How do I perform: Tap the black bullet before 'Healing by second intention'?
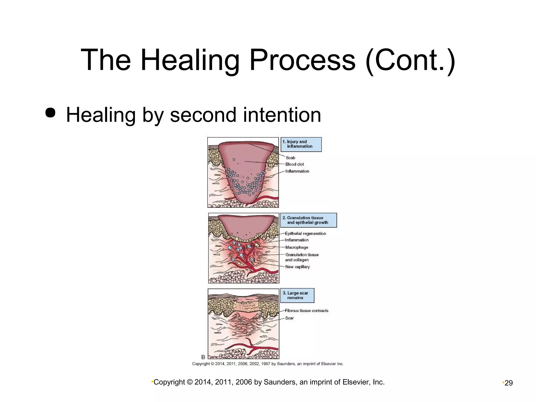tap(50, 113)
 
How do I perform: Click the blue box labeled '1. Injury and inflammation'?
tap(301, 144)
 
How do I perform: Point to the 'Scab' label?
tap(291, 158)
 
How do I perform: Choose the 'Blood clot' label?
tap(295, 164)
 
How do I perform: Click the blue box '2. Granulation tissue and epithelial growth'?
tap(308, 220)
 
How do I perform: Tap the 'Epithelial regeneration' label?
tap(305, 233)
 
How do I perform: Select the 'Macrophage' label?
tap(297, 247)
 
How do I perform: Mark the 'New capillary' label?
tap(298, 267)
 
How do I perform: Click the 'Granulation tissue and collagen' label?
tap(302, 257)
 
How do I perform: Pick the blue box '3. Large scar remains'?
tap(297, 295)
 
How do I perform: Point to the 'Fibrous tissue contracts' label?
tap(306, 311)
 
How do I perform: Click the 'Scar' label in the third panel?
tap(289, 318)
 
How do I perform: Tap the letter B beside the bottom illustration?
tap(203, 357)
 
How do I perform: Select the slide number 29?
tap(509, 383)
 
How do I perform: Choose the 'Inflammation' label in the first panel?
tap(297, 171)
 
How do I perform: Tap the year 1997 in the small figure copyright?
tap(266, 364)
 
